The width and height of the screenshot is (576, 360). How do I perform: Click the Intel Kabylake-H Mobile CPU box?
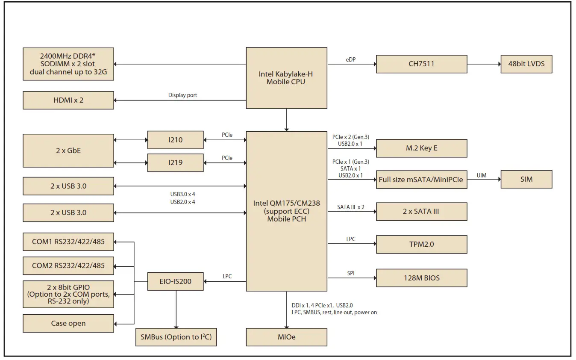coord(286,78)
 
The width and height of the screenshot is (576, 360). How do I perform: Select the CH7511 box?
coord(421,64)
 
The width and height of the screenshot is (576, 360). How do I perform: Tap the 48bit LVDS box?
coord(526,64)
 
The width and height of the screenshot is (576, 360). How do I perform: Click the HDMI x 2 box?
coord(68,100)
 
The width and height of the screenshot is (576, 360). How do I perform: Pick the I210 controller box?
coord(175,140)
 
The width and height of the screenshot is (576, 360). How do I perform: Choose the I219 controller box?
coord(175,162)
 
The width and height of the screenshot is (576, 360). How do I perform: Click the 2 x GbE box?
coord(68,150)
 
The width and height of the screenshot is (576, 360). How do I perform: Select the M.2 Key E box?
coord(421,148)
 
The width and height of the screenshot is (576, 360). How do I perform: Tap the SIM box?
coord(526,179)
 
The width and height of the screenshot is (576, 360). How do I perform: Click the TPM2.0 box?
coord(421,245)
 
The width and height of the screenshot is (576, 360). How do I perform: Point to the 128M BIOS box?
coord(421,278)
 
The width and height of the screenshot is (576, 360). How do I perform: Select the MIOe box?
coord(286,337)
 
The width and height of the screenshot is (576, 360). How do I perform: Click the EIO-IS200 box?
coord(175,281)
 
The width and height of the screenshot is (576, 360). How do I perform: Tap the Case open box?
coord(68,323)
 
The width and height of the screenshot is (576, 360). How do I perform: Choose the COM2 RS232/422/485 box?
coord(68,266)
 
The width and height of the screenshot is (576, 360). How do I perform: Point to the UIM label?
coord(481,175)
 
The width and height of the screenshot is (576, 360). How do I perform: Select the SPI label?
coord(350,273)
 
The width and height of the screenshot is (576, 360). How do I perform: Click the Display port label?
coord(182,95)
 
